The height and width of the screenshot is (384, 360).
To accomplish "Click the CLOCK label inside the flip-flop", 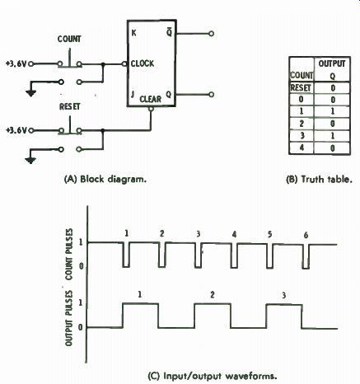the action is click(x=143, y=63).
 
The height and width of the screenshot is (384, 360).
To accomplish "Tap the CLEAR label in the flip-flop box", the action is click(x=151, y=99).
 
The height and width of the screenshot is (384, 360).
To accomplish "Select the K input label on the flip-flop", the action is click(x=133, y=33).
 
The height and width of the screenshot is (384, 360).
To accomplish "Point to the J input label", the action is click(x=133, y=94).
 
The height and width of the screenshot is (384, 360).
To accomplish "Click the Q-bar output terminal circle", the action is click(x=211, y=34).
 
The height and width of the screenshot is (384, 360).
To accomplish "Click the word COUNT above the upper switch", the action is click(x=69, y=39).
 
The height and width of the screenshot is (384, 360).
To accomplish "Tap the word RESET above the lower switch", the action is click(x=70, y=106).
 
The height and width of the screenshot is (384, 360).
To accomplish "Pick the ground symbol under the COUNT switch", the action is click(x=30, y=93).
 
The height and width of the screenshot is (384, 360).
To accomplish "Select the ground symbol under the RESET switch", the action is click(x=30, y=161).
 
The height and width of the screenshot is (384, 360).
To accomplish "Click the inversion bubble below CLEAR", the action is click(x=151, y=109).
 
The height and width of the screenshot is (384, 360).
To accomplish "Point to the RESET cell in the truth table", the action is click(x=301, y=88).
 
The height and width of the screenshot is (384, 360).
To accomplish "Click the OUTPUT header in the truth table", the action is click(x=332, y=63).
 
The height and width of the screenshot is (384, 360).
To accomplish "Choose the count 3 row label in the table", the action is click(x=302, y=135).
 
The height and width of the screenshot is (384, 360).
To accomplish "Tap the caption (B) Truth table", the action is click(x=319, y=180).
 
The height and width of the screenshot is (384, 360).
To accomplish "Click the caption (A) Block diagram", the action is click(x=105, y=180).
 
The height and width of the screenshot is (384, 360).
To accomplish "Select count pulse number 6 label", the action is click(x=306, y=235).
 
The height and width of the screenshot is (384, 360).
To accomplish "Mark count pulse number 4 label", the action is click(x=234, y=235).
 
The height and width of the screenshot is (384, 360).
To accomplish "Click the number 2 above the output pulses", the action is click(x=212, y=295).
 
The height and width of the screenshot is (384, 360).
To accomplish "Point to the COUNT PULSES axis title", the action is click(x=69, y=255).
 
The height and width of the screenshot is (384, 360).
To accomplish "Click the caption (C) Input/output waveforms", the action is click(x=212, y=376).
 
